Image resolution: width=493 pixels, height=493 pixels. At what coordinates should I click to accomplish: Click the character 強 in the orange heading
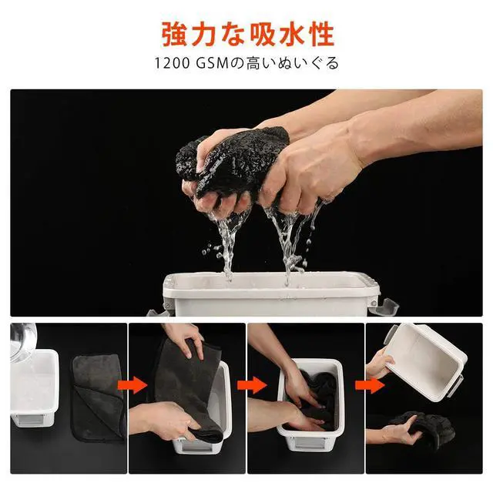[175, 34]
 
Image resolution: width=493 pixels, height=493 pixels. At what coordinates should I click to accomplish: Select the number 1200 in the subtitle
[173, 63]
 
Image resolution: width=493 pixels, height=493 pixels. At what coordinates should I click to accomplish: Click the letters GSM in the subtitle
[212, 63]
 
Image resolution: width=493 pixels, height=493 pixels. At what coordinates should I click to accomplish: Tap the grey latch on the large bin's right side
[384, 306]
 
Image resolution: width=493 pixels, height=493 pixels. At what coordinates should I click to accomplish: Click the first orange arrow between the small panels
[132, 385]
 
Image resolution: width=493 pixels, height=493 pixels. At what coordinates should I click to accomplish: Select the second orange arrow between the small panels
[252, 385]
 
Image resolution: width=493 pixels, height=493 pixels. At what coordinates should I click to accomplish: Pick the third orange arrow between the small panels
[370, 385]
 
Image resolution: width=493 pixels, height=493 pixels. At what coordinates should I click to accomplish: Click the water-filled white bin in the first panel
[34, 387]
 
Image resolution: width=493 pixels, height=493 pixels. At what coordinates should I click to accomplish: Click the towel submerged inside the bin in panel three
[317, 399]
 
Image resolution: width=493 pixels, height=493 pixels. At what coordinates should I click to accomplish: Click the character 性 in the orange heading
[320, 34]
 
